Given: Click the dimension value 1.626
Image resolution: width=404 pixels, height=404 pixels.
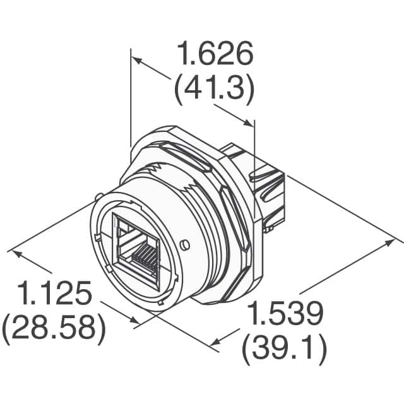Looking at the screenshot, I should [215, 56].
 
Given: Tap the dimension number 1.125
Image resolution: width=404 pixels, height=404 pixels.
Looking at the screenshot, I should [55, 294].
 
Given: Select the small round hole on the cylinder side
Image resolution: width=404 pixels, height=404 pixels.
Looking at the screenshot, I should [184, 244].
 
